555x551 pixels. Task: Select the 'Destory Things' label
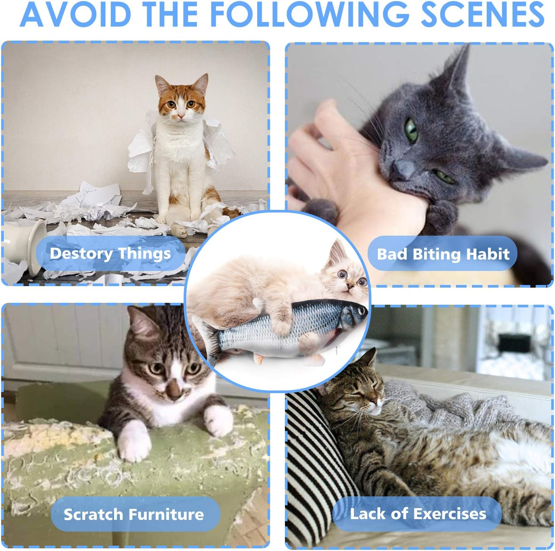(110, 253)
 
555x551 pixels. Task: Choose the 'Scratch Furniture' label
(134, 514)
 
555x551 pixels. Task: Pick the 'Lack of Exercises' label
(418, 513)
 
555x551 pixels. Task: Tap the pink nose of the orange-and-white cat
(181, 116)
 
